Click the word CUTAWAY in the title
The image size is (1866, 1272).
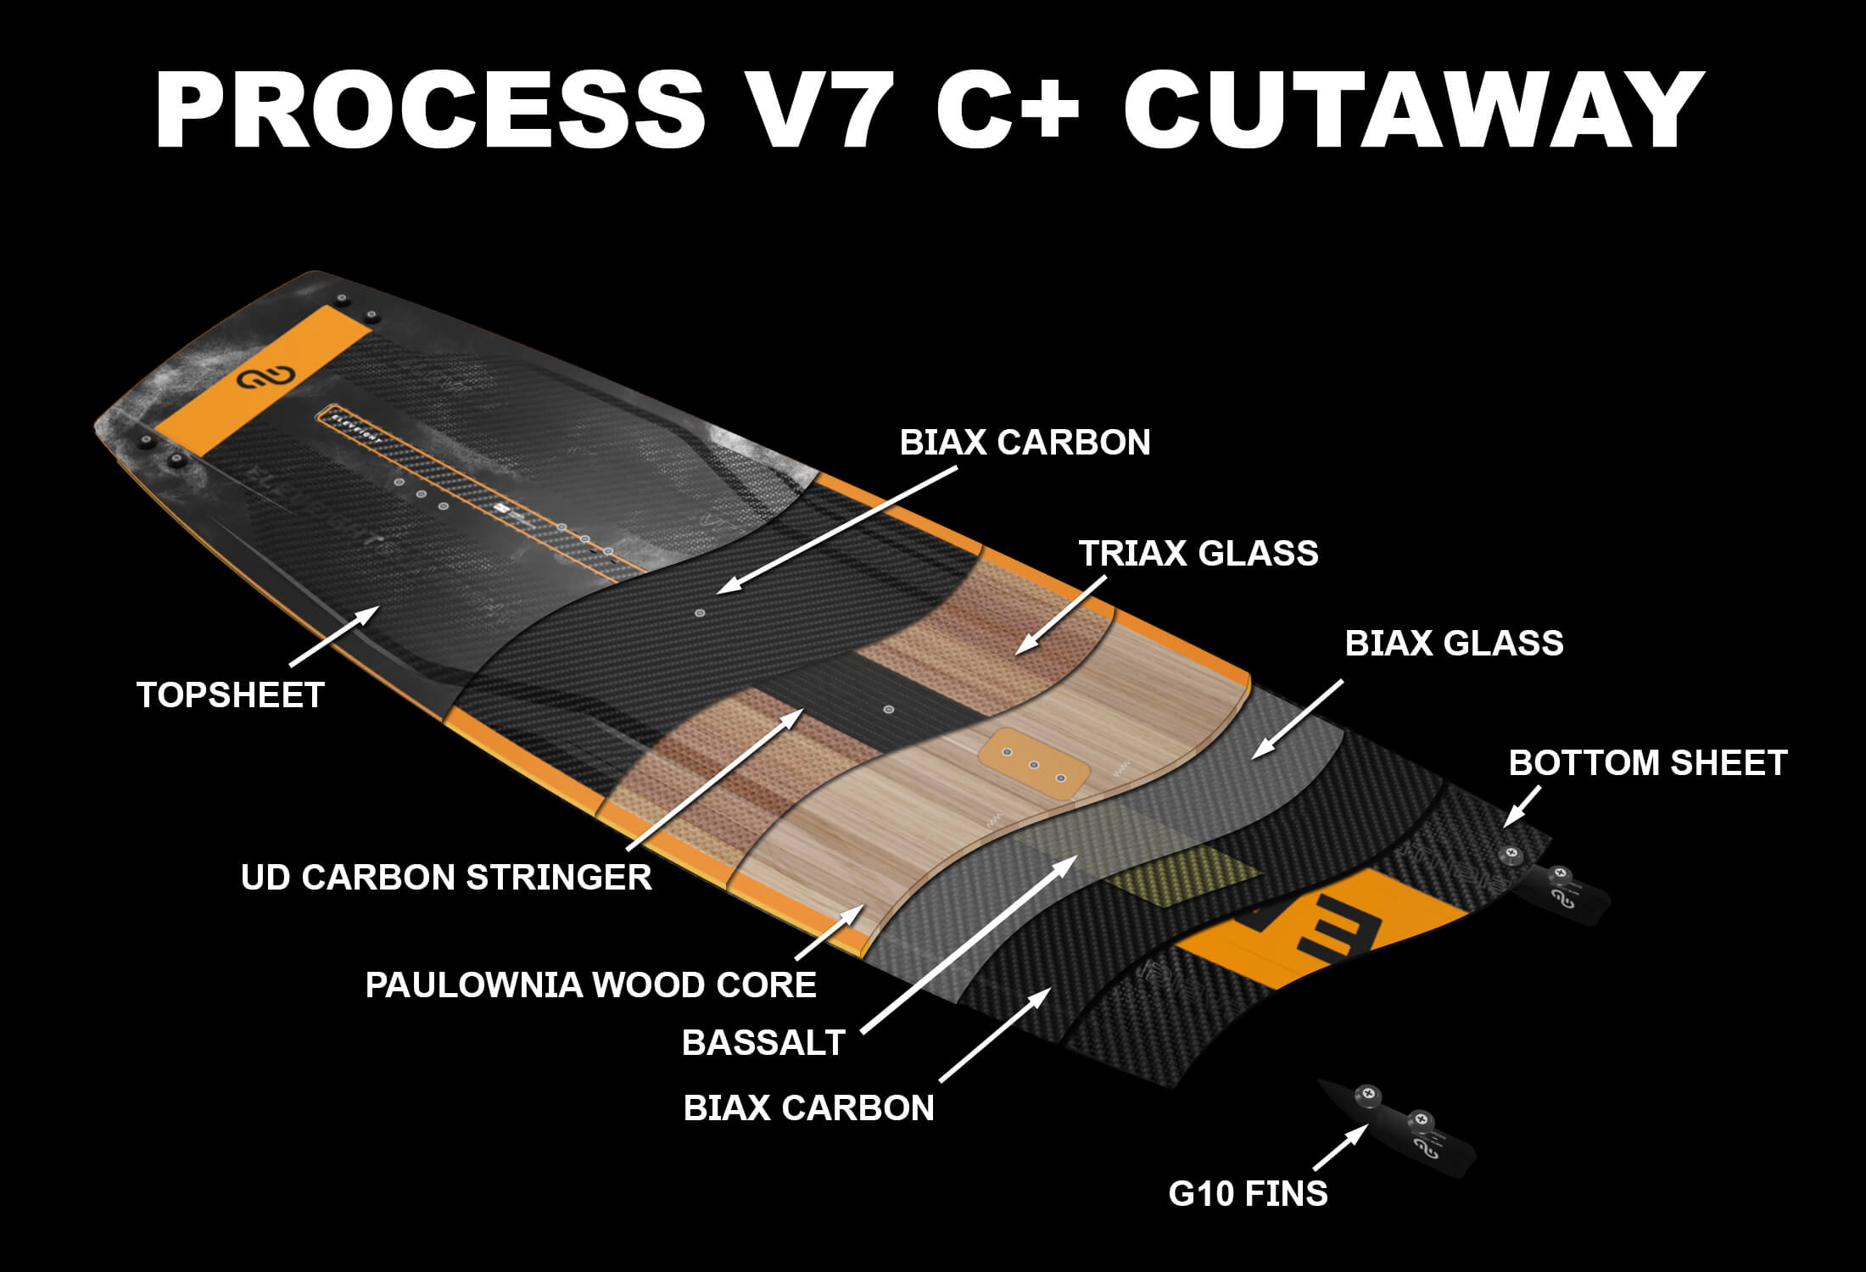[1412, 110]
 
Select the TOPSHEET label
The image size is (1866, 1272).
[231, 695]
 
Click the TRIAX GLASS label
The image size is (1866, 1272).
[1198, 554]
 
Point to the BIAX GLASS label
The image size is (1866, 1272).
[1454, 644]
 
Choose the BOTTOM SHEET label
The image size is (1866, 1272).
[1647, 763]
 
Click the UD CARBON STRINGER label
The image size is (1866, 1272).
[446, 878]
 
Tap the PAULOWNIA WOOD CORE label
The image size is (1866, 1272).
[590, 985]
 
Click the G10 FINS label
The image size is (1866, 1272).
[1248, 1194]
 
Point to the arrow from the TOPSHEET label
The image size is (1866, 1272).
[334, 635]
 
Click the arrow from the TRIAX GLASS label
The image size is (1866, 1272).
[1060, 616]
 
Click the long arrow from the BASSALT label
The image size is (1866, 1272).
[967, 946]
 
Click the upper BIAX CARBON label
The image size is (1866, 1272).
[1025, 443]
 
